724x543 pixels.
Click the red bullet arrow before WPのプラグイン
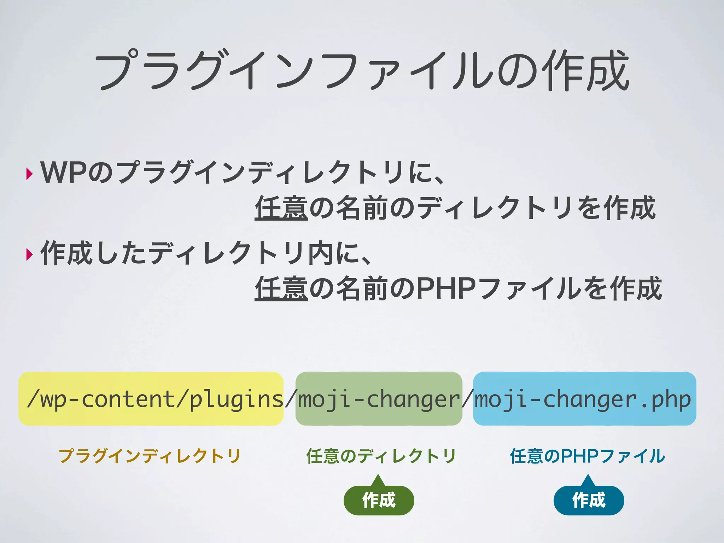(x=29, y=174)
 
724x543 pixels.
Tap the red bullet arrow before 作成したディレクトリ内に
(x=29, y=254)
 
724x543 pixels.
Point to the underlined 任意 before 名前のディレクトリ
(x=281, y=208)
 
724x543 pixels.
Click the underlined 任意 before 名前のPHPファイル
(x=281, y=288)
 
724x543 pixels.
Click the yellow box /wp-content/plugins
(x=151, y=398)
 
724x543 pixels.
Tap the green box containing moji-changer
(x=379, y=398)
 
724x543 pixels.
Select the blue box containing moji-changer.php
(x=584, y=398)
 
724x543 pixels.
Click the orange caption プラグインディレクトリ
(x=150, y=456)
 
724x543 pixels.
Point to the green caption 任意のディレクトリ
(x=381, y=456)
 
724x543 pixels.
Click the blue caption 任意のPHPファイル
(x=588, y=456)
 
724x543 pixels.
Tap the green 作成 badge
(x=379, y=500)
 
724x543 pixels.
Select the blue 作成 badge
(x=589, y=500)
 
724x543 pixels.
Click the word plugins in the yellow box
(x=236, y=399)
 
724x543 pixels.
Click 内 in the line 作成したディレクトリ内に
(x=320, y=253)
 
